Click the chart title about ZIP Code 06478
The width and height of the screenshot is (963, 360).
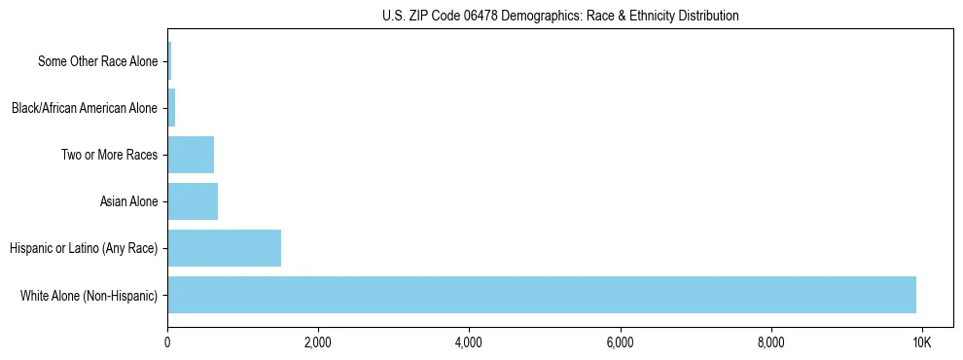pyautogui.click(x=560, y=16)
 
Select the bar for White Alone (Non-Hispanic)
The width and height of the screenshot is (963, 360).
pyautogui.click(x=542, y=295)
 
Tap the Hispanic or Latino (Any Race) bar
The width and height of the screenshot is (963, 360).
pyautogui.click(x=225, y=248)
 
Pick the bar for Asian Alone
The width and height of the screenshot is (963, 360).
pyautogui.click(x=193, y=201)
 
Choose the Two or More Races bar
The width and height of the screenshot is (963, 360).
pyautogui.click(x=191, y=155)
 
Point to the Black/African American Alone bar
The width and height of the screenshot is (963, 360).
pyautogui.click(x=171, y=108)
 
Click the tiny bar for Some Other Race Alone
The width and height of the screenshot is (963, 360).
pyautogui.click(x=169, y=61)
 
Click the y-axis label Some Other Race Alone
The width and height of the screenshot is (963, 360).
pyautogui.click(x=97, y=61)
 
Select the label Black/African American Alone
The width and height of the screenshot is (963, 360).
pyautogui.click(x=84, y=108)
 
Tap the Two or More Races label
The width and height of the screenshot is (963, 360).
pyautogui.click(x=109, y=155)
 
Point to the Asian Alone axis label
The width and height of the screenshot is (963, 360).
pyautogui.click(x=128, y=201)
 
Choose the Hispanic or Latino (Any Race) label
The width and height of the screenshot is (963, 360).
pyautogui.click(x=83, y=248)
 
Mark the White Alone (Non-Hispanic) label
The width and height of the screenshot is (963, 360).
pyautogui.click(x=89, y=295)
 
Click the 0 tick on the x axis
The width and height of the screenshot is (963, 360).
pyautogui.click(x=167, y=343)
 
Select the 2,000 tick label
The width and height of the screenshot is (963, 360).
pyautogui.click(x=318, y=343)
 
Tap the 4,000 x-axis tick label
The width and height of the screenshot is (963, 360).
pyautogui.click(x=469, y=343)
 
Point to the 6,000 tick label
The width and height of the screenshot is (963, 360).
pyautogui.click(x=620, y=343)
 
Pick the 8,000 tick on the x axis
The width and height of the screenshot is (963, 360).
pyautogui.click(x=770, y=343)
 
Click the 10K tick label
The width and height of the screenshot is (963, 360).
pyautogui.click(x=921, y=343)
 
